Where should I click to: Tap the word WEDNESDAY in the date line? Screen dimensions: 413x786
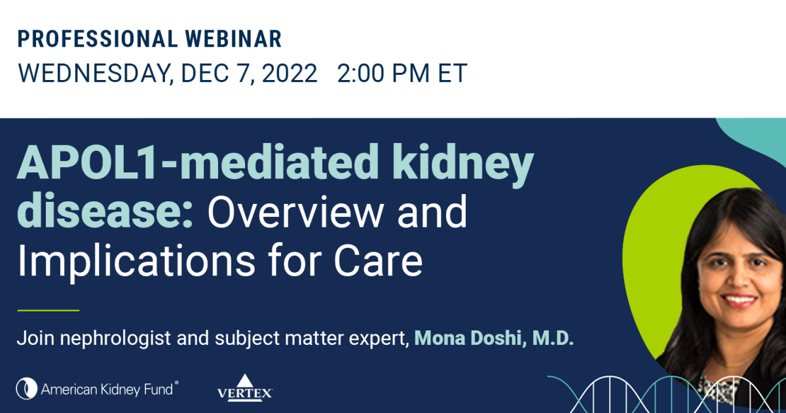point(91,73)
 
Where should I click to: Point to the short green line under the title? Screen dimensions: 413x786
point(48,310)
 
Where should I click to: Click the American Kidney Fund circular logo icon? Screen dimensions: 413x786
point(27,388)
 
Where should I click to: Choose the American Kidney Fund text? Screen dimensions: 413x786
point(107,389)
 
